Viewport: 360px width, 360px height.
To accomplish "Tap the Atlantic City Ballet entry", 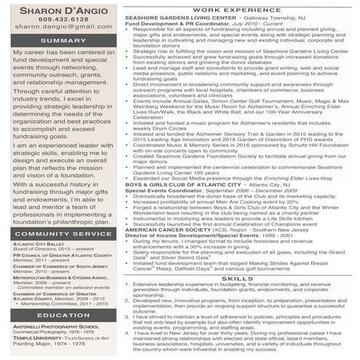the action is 37,244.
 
